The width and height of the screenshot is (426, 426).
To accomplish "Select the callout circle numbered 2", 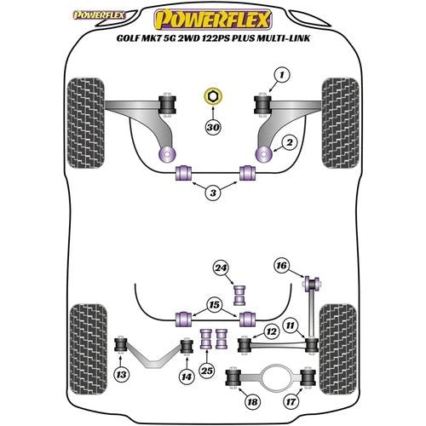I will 290,142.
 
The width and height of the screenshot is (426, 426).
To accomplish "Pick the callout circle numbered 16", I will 282,266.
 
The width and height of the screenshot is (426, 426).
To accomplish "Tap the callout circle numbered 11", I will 292,325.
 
